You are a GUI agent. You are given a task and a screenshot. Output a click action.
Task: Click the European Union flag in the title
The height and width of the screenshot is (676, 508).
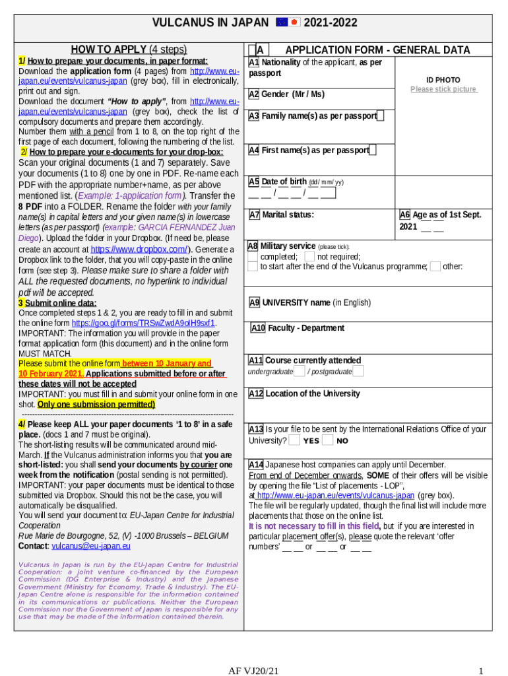click(282, 22)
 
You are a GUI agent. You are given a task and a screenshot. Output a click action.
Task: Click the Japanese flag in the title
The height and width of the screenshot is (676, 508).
click(295, 22)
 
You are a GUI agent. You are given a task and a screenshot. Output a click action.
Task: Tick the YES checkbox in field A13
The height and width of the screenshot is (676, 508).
click(294, 440)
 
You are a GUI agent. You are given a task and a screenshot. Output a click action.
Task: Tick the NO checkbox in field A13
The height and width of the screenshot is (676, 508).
click(327, 440)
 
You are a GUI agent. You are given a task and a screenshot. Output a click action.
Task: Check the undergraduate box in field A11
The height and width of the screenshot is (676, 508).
click(299, 371)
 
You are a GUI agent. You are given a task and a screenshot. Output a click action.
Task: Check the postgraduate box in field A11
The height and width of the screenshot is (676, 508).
click(358, 371)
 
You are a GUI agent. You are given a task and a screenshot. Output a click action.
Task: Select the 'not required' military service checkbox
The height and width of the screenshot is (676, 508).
click(309, 256)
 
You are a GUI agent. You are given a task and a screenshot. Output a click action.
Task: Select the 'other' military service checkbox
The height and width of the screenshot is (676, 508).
click(435, 266)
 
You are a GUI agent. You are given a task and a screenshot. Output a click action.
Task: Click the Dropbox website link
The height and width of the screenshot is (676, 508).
click(139, 250)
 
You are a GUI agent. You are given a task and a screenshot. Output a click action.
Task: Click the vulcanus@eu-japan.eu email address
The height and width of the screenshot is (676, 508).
click(91, 546)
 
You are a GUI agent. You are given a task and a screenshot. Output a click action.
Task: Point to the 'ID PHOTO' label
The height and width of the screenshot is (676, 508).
click(443, 80)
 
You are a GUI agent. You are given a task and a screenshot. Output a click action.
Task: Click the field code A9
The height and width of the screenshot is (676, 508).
click(255, 303)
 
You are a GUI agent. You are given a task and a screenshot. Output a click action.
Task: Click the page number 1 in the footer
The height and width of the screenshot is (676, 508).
click(482, 671)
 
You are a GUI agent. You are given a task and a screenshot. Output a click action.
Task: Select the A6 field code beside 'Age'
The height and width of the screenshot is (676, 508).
click(405, 215)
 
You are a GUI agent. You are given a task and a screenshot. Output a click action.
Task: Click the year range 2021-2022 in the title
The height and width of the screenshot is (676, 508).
click(331, 22)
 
